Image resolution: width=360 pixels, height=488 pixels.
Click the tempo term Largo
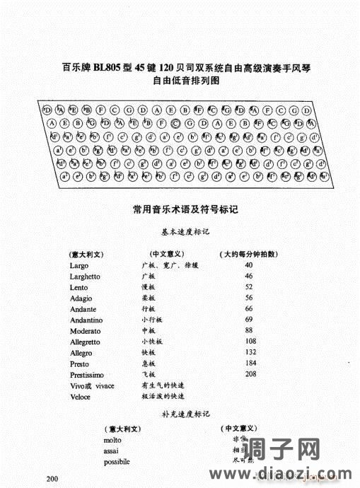[79, 265]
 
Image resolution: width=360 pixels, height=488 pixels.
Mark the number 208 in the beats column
[250, 373]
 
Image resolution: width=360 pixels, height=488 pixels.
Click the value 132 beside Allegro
[250, 352]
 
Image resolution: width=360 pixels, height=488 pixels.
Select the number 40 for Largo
[249, 265]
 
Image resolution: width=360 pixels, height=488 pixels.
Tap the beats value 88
[249, 330]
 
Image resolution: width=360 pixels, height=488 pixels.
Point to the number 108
[250, 341]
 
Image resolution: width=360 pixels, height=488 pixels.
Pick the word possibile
[117, 462]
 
